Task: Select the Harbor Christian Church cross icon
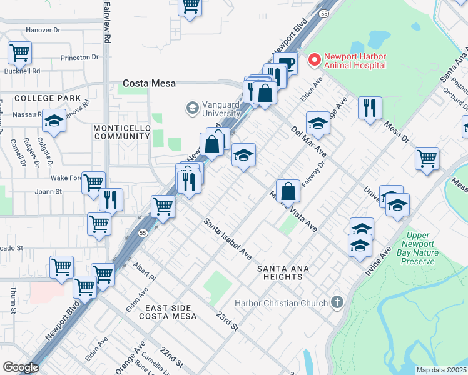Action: (338, 304)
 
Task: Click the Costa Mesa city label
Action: (149, 82)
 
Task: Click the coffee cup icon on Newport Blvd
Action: (287, 65)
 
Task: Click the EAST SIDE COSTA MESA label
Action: (170, 312)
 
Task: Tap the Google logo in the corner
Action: (21, 367)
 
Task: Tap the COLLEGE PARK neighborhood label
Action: (48, 98)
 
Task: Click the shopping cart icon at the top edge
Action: (190, 6)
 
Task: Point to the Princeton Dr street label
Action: (79, 57)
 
